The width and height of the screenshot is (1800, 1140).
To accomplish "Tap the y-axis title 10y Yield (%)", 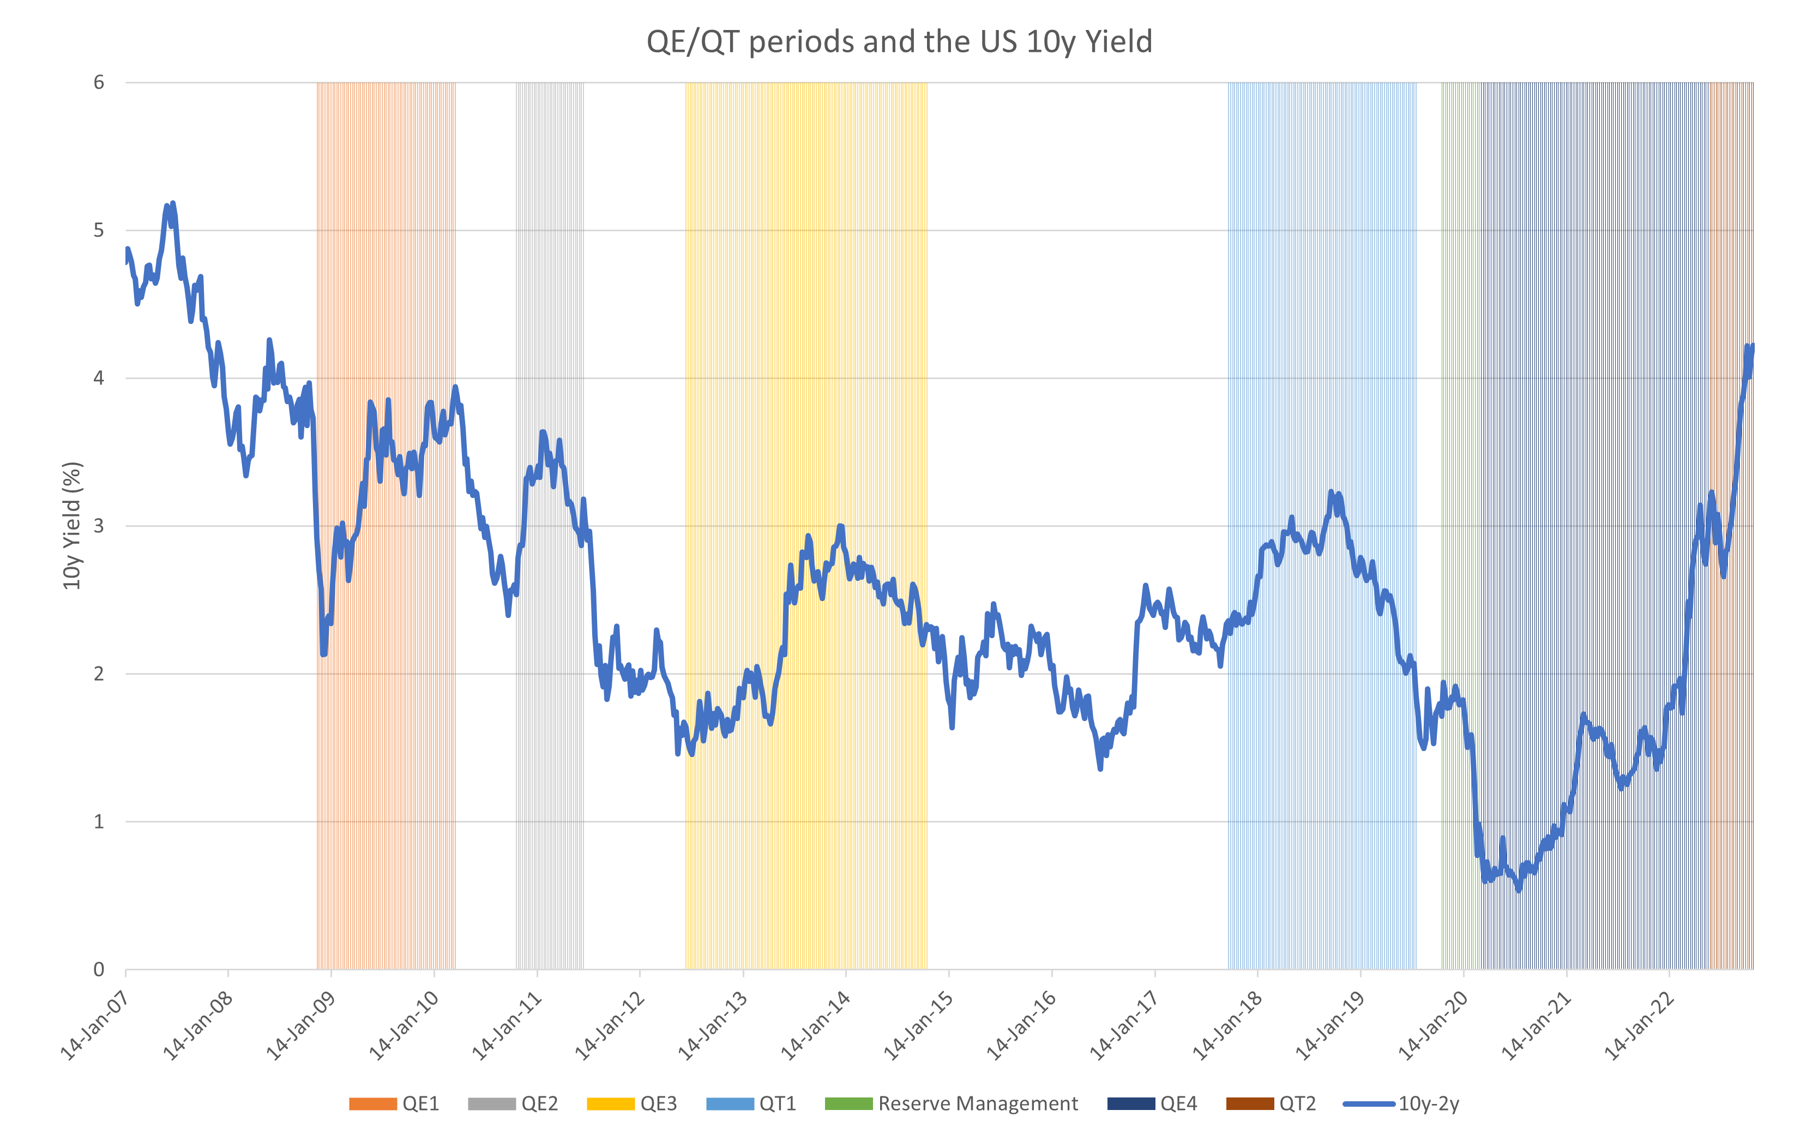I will (72, 525).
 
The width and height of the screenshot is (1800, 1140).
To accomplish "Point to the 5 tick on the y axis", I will (99, 230).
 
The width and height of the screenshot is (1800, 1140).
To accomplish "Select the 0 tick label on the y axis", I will (99, 970).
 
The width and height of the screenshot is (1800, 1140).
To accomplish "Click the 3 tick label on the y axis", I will (99, 525).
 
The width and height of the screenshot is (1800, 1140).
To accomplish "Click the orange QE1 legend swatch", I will (372, 1104).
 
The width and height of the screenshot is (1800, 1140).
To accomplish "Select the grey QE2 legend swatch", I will (491, 1104).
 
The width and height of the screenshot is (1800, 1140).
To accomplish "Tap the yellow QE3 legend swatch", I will (610, 1104).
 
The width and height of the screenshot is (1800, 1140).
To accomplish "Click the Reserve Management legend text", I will (978, 1104).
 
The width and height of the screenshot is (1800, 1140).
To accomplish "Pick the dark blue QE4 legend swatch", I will (1130, 1104).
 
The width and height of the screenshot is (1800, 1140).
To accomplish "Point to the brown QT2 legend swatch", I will (1249, 1104).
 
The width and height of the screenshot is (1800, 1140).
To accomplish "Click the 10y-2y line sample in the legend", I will (1369, 1104).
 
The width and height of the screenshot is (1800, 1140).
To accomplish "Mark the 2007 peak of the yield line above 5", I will (173, 203).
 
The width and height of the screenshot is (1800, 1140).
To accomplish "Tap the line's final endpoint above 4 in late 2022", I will (1753, 345).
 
